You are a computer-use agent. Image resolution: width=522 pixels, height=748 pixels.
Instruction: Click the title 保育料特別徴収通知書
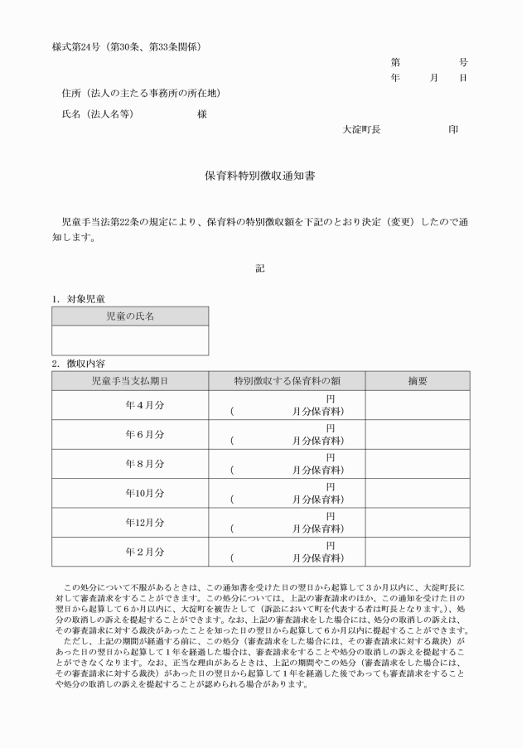[x=259, y=176]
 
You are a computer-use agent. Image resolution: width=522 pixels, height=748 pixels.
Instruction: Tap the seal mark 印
[x=452, y=129]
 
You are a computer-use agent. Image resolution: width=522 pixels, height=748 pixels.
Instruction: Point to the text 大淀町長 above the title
[x=360, y=129]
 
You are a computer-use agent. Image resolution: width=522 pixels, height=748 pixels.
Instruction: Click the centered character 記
[x=259, y=267]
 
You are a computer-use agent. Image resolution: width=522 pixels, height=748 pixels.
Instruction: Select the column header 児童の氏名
[x=130, y=316]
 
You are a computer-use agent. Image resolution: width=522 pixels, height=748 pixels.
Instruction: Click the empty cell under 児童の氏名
[x=130, y=340]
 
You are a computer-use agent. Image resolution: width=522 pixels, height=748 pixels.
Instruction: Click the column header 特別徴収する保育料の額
[x=287, y=381]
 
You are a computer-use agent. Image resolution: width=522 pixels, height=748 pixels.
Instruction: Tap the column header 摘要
[x=418, y=381]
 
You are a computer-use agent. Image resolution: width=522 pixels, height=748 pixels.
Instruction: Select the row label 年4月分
[x=144, y=405]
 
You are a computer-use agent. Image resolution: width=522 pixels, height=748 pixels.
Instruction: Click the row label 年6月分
[x=144, y=434]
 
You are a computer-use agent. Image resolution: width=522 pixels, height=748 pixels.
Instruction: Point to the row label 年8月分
[x=144, y=464]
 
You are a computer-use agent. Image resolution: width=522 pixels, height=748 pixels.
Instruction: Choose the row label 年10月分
[x=144, y=493]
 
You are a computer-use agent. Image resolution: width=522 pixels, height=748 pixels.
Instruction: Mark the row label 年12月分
[x=144, y=523]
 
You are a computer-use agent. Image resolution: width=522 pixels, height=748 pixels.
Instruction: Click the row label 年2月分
[x=144, y=552]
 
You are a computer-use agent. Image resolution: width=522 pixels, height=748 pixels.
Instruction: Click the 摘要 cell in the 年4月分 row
[x=418, y=405]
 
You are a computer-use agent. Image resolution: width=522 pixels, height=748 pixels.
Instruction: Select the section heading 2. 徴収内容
[x=78, y=363]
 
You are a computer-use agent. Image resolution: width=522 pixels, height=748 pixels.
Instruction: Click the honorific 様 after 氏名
[x=201, y=113]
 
